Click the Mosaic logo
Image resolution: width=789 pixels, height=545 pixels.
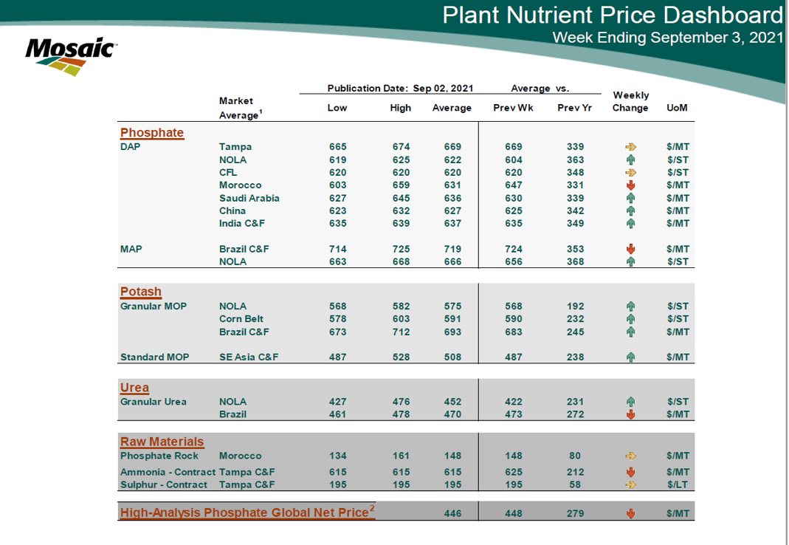tap(69, 55)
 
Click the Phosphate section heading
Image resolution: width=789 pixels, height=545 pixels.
tap(152, 133)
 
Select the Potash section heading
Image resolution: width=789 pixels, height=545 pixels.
tap(141, 292)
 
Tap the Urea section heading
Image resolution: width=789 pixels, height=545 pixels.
tap(134, 388)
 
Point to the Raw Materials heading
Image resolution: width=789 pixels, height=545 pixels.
tap(162, 442)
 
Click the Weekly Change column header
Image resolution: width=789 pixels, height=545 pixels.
tap(630, 101)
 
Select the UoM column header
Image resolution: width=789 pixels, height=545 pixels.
tap(677, 108)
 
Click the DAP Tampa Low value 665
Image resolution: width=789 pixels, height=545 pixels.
tap(337, 147)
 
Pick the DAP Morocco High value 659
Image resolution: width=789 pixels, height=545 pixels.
tap(401, 185)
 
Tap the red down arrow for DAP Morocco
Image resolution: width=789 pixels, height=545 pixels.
tap(630, 185)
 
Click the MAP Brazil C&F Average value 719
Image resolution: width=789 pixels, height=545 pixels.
tap(452, 249)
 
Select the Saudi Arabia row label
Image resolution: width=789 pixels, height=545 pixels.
tap(249, 198)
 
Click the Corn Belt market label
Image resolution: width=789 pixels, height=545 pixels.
tap(241, 319)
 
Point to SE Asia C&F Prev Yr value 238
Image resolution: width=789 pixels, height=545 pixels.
tap(575, 357)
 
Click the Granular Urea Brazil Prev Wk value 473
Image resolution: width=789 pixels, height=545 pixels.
tap(513, 414)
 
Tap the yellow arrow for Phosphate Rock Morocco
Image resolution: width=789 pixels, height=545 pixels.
tap(630, 456)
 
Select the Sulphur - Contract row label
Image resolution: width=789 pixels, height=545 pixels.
tap(168, 484)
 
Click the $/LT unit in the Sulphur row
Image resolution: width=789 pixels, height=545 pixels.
tap(678, 484)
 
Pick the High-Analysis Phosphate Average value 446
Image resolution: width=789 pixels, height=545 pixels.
tap(452, 514)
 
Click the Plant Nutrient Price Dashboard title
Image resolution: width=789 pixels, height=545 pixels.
tap(612, 15)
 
